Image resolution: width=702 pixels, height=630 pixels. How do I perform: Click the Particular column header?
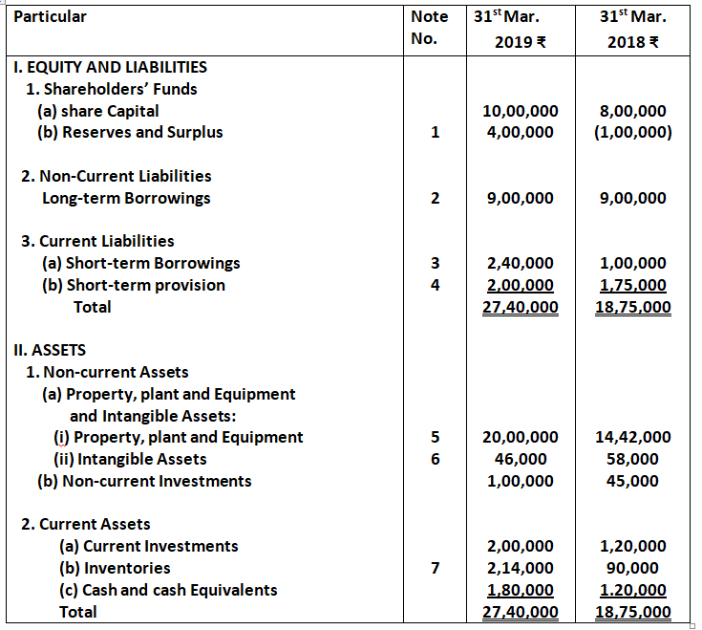(x=50, y=17)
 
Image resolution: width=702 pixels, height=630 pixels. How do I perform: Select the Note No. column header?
(x=429, y=28)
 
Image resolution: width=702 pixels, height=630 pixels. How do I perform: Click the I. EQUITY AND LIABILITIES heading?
(x=110, y=67)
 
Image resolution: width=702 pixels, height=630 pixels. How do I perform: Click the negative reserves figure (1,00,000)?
(x=631, y=133)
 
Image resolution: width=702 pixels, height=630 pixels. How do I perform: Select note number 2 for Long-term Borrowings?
(x=435, y=199)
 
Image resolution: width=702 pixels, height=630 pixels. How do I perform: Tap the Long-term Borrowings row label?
(x=126, y=199)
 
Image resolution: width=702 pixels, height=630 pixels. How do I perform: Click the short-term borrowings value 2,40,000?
(x=520, y=263)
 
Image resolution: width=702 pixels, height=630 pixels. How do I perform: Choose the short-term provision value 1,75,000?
(x=631, y=285)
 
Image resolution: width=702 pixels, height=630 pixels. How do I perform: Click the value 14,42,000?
(x=631, y=437)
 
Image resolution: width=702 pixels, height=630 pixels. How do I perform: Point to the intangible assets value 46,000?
(x=520, y=459)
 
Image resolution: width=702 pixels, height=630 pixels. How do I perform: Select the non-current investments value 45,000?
(x=631, y=481)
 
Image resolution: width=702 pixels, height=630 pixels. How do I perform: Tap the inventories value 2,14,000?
(x=520, y=568)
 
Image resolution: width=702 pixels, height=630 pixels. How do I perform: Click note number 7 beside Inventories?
(x=435, y=568)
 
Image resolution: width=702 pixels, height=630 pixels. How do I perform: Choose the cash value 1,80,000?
(x=520, y=590)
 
